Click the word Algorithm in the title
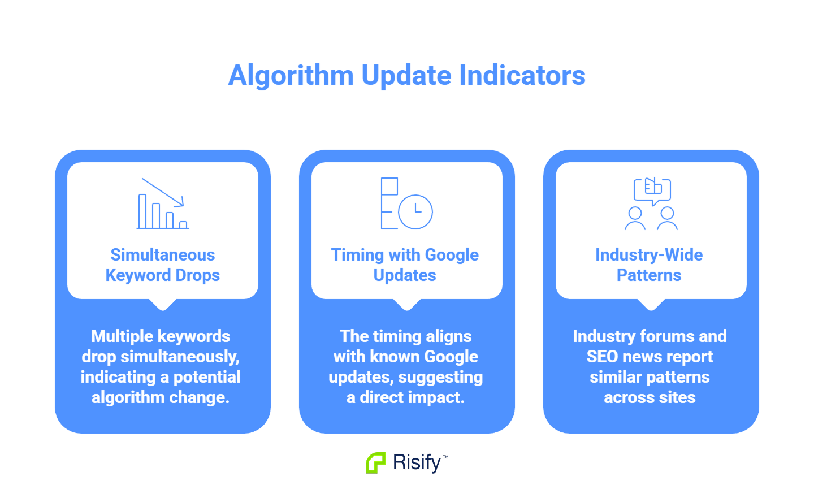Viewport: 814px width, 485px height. (291, 76)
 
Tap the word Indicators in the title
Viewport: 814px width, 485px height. (522, 75)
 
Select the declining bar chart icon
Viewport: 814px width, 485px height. (163, 203)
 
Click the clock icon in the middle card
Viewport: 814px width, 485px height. (415, 212)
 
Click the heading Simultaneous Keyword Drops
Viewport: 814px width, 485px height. (163, 265)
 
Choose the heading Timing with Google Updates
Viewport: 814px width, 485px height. (405, 265)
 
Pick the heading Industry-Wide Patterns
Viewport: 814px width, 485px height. (649, 265)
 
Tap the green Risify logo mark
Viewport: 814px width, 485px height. (375, 463)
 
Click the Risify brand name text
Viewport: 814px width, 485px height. (417, 462)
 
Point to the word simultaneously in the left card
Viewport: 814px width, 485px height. (180, 357)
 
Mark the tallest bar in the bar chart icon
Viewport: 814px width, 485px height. (142, 211)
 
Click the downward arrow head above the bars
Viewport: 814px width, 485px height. (180, 202)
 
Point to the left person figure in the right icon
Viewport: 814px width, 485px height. (635, 218)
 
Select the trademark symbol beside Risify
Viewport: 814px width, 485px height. (445, 457)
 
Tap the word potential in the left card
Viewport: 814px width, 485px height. (207, 377)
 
